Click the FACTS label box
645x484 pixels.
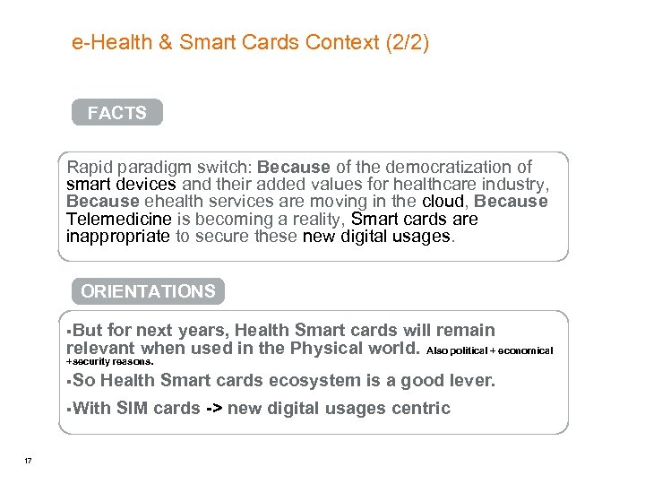(x=117, y=113)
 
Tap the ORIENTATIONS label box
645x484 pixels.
(x=148, y=291)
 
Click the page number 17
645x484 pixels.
(x=29, y=461)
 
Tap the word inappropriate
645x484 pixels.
(x=117, y=236)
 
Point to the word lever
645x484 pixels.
(x=471, y=381)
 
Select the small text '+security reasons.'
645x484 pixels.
(x=111, y=362)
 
